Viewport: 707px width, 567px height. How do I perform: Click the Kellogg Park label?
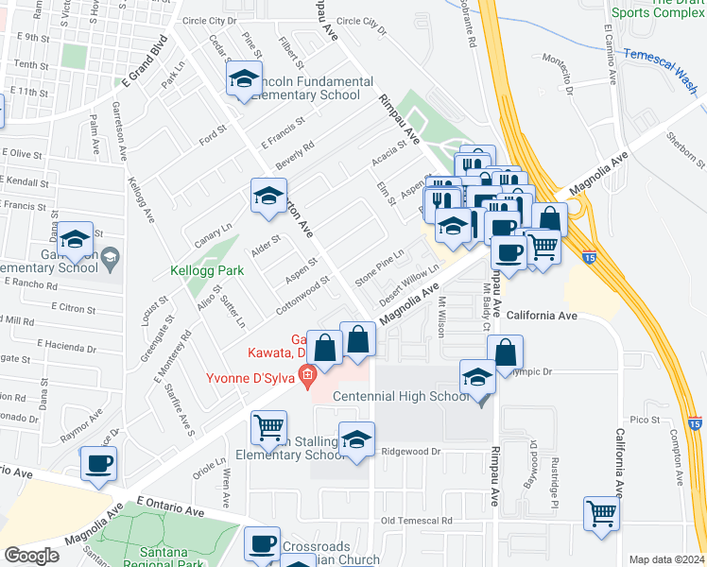click(x=207, y=270)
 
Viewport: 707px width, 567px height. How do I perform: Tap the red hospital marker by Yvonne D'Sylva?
click(x=305, y=379)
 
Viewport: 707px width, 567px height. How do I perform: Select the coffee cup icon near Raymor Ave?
click(x=98, y=463)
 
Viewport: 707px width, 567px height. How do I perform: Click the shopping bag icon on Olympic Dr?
click(x=507, y=352)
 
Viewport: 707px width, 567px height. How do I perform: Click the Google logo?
click(x=31, y=556)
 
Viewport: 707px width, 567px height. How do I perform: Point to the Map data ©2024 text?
click(x=665, y=559)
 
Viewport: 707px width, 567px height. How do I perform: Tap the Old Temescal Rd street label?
click(x=416, y=521)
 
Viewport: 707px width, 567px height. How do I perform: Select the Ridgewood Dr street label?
click(x=411, y=452)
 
